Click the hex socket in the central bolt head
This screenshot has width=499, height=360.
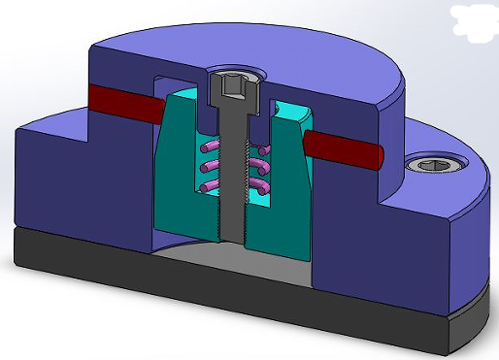point(231,86)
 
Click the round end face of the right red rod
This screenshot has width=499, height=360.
point(378,154)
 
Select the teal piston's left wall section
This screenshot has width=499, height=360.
point(175,165)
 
